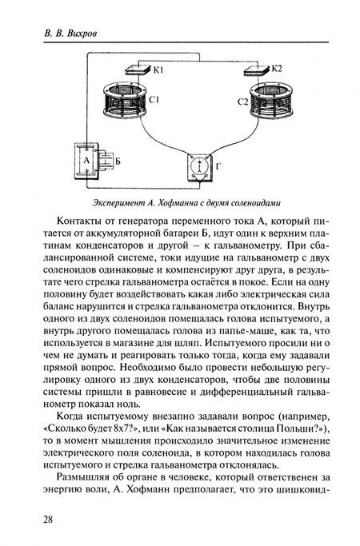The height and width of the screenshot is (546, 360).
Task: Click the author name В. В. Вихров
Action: tap(70, 34)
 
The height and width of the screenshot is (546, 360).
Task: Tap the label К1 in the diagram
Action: tap(158, 70)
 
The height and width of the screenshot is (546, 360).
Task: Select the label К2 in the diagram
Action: tap(276, 68)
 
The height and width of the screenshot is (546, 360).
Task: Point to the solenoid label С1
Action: tap(154, 100)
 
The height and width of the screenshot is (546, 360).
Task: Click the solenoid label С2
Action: tap(243, 102)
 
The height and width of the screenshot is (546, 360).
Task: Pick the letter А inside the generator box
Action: tap(86, 160)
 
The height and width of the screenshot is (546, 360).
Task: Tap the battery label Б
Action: tap(118, 161)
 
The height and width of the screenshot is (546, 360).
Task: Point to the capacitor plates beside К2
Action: tap(256, 70)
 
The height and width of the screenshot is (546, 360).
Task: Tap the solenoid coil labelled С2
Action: tap(273, 100)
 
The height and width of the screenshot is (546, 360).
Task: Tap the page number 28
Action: tap(48, 520)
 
